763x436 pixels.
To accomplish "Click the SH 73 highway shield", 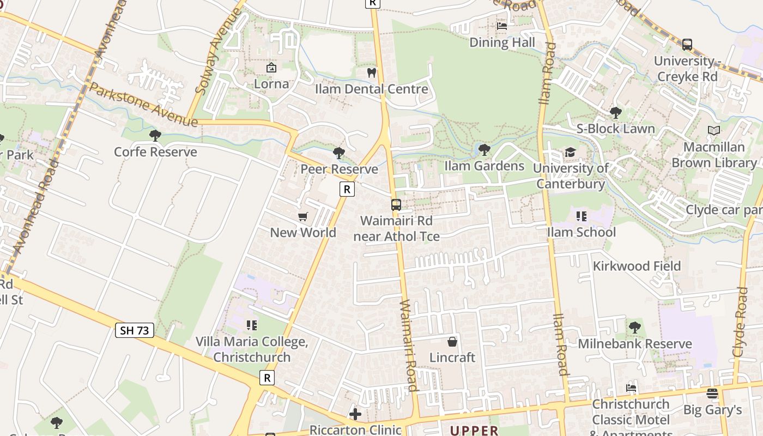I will click(135, 330).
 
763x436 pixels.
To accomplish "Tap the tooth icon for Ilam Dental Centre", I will click(372, 72).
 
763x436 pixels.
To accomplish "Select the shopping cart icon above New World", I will click(303, 217).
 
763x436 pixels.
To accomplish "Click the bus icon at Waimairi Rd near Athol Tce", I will click(396, 205).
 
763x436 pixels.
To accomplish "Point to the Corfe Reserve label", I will click(155, 152).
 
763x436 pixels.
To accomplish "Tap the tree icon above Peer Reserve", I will click(339, 153).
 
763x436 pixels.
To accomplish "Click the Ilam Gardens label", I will click(484, 166).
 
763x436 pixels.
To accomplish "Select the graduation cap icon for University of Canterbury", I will click(570, 152).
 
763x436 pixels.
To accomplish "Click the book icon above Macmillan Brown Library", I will click(713, 130).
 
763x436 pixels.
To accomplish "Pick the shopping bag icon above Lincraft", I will click(452, 342).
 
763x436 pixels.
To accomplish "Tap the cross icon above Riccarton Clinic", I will click(355, 414).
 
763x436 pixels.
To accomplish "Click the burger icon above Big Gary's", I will click(712, 393).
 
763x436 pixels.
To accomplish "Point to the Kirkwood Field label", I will click(637, 266).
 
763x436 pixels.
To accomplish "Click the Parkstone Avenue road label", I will click(143, 105).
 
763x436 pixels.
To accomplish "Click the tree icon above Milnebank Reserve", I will click(634, 328).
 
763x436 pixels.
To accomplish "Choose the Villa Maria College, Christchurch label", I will click(252, 349).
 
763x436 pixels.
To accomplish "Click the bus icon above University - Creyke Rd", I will click(687, 45).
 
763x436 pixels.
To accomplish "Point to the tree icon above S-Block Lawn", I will click(616, 113).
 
